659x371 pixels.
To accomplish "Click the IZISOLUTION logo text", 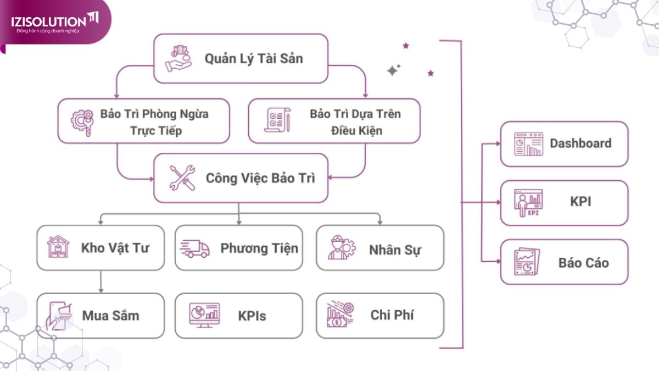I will pos(49,21).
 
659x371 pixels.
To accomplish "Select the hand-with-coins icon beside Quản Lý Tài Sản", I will pos(179,58).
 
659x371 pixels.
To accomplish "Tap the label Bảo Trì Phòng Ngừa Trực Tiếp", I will pos(154,123).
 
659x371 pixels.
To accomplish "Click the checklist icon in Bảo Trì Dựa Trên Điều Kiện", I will pos(275,120).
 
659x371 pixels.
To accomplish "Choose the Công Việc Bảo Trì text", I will pos(260,178).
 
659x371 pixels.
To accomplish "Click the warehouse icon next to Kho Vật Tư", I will pos(58,247).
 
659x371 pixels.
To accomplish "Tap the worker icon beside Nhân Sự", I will pos(340,248).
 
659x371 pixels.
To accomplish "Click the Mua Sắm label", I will pos(110,315).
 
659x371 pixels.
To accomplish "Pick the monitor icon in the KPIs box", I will pos(204,315).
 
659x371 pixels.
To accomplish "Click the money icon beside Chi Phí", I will pos(340,315).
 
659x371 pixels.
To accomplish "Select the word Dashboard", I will pos(580,143).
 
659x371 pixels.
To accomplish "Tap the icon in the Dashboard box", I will pos(528,144).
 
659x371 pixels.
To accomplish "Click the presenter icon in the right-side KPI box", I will pos(528,203).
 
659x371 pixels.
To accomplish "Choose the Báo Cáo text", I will pos(584,262).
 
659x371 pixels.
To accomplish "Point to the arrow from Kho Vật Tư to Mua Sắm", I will pos(101,281).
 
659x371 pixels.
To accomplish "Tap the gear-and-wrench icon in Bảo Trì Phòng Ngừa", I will pos(82,121).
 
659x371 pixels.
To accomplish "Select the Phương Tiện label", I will pos(259,248).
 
